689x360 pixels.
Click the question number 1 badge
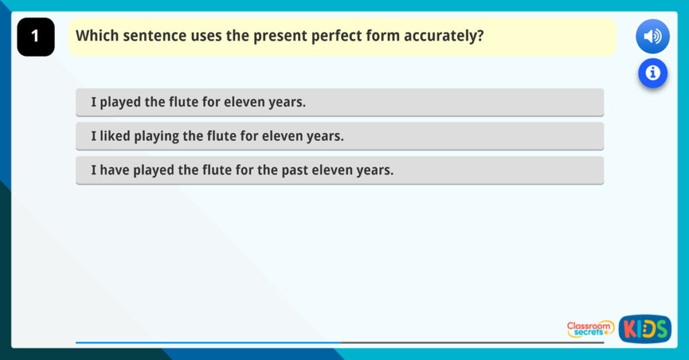pyautogui.click(x=36, y=37)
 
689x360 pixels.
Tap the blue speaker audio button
pyautogui.click(x=652, y=36)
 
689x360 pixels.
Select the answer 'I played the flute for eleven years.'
pyautogui.click(x=340, y=102)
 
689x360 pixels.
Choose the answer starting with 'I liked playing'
pyautogui.click(x=340, y=136)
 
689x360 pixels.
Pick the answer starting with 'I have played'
pyautogui.click(x=340, y=170)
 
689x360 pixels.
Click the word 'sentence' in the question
pyautogui.click(x=149, y=36)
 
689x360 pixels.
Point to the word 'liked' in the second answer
pyautogui.click(x=114, y=136)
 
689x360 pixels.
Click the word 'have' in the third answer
pyautogui.click(x=114, y=170)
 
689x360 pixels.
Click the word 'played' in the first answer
pyautogui.click(x=120, y=102)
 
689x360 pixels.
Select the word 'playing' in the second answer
pyautogui.click(x=157, y=136)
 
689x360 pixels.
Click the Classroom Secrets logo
pyautogui.click(x=590, y=328)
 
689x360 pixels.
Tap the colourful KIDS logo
pyautogui.click(x=645, y=328)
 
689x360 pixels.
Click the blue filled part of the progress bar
pyautogui.click(x=209, y=343)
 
